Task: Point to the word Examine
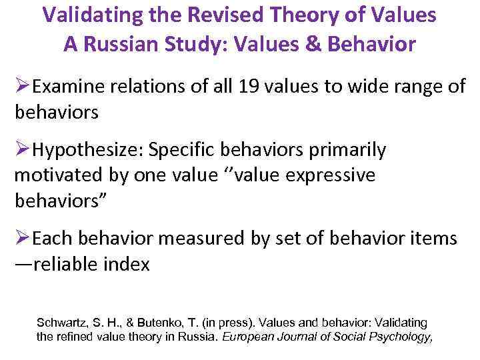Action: click(67, 87)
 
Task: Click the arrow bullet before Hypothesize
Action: click(23, 151)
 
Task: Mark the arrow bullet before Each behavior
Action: click(23, 239)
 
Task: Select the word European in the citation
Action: click(249, 337)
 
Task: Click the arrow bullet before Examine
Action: click(23, 86)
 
